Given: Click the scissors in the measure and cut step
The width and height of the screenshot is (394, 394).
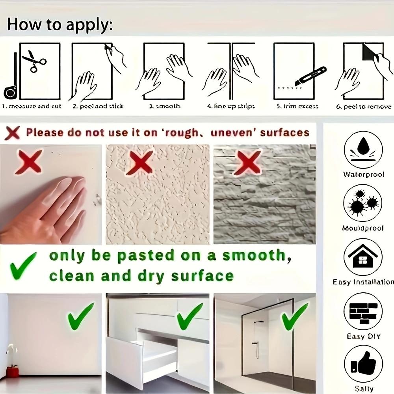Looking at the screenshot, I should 34,61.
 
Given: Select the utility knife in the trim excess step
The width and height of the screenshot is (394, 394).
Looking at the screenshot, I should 311,76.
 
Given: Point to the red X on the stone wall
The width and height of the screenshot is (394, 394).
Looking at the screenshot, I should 247,162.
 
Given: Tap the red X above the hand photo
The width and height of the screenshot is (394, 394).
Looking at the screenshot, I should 29,162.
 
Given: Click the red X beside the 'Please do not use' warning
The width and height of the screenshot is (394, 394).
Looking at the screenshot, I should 12,133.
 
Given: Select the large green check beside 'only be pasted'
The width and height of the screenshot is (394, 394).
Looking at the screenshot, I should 22,266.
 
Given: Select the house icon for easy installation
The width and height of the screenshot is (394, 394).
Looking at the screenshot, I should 363,257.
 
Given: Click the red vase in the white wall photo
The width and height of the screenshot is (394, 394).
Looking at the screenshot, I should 13,371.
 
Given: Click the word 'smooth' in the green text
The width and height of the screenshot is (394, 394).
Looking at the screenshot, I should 253,256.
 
